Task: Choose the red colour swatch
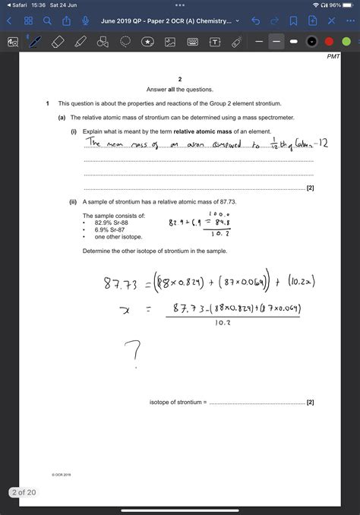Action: pos(328,41)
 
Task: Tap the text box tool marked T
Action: pos(215,41)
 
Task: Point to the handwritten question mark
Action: pos(134,353)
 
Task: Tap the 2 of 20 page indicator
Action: pos(23,492)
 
